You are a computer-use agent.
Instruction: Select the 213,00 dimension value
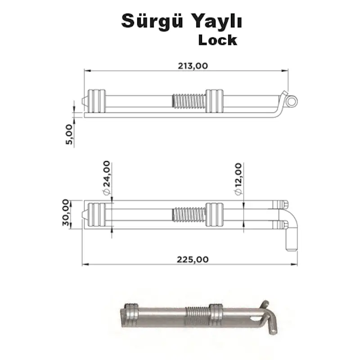pos(193,66)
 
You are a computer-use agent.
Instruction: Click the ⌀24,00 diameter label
pos(107,178)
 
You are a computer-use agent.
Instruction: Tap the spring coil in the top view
pos(189,101)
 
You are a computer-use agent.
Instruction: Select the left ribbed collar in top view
pos(97,101)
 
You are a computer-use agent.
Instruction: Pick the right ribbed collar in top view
pos(214,101)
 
